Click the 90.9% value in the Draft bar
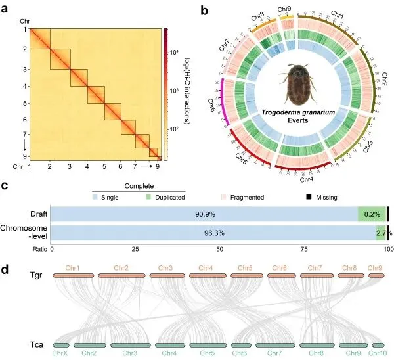click(205, 214)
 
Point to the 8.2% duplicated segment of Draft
click(372, 214)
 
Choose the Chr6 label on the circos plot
click(214, 105)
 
